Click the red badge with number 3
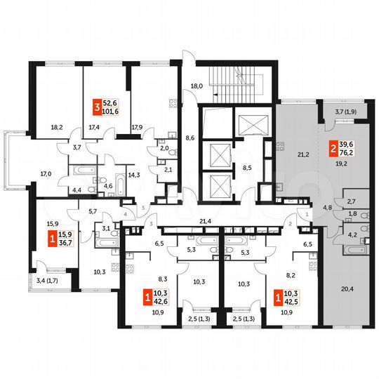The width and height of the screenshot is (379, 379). tap(98, 107)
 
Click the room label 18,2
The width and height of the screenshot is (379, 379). tap(57, 128)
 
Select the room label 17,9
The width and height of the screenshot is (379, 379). tap(137, 128)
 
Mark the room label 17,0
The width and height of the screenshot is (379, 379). tap(46, 173)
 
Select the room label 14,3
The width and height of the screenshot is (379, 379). tap(133, 173)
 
